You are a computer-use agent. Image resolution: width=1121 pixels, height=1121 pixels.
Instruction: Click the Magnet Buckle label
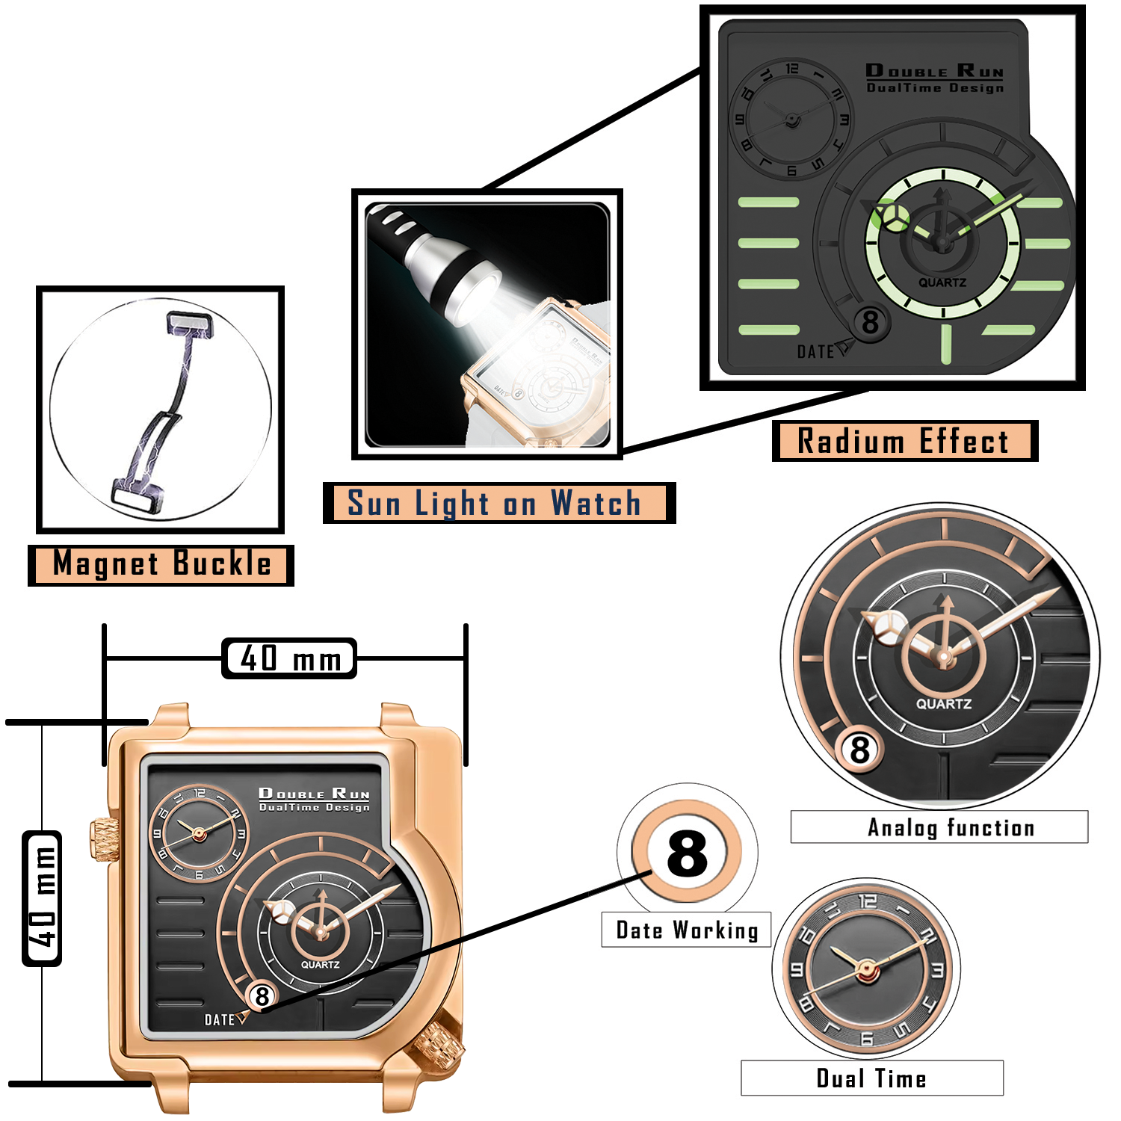click(x=161, y=564)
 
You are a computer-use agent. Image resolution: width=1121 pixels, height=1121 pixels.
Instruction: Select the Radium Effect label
click(x=904, y=441)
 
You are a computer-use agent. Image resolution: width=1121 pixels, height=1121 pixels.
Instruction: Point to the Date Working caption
click(x=686, y=930)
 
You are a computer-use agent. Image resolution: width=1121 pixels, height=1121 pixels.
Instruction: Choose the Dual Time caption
click(x=871, y=1078)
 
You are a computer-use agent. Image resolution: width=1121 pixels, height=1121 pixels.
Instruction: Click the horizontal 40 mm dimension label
click(x=290, y=658)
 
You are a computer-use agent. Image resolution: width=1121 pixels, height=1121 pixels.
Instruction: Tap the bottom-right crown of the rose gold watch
click(x=438, y=1045)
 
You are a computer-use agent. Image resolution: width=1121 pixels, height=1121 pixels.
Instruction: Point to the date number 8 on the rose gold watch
click(x=262, y=996)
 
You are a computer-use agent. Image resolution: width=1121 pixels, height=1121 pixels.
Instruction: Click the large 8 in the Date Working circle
click(x=687, y=853)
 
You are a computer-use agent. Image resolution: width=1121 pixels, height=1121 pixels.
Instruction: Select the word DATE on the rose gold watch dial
click(x=220, y=1020)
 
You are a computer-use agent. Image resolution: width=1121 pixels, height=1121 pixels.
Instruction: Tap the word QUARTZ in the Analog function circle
click(x=944, y=704)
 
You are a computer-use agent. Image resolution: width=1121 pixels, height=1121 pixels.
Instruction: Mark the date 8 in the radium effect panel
click(x=871, y=323)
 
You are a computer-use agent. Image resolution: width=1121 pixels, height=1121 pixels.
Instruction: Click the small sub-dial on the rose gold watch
click(x=199, y=833)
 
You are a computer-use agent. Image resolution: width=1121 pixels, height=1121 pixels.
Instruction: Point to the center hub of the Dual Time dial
click(x=866, y=970)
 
